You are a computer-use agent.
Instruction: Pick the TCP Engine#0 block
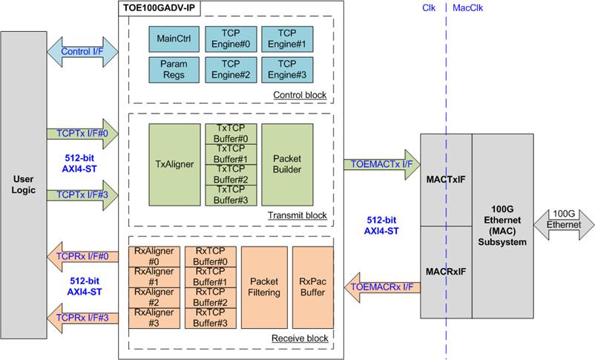pos(229,38)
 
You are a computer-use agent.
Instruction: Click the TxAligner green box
pos(174,165)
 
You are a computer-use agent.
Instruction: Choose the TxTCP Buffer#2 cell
pos(231,174)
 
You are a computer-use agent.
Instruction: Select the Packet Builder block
pos(287,165)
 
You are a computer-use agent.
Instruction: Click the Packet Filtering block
pos(263,287)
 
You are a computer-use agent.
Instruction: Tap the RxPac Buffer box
pos(312,287)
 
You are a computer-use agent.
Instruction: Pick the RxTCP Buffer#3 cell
pos(211,318)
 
